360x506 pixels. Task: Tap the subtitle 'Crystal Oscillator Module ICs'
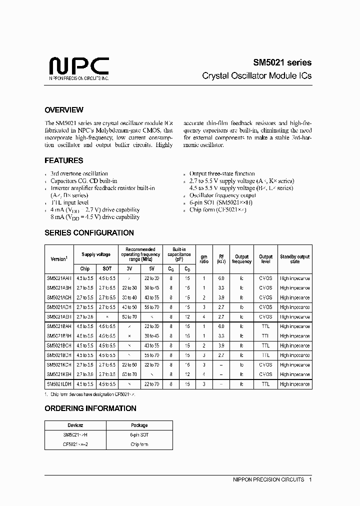[x=256, y=76]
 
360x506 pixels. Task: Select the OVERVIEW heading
[x=64, y=110]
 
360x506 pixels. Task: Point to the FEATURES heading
[x=64, y=161]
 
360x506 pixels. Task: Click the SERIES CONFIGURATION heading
[x=89, y=233]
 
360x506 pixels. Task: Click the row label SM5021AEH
[x=59, y=316]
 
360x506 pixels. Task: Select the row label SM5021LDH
[x=59, y=384]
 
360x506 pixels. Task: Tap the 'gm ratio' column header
[x=203, y=258]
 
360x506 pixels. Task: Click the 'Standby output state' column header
[x=294, y=258]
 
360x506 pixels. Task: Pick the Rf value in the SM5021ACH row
[x=221, y=297]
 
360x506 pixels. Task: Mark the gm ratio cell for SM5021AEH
[x=203, y=316]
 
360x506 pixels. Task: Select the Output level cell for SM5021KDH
[x=265, y=365]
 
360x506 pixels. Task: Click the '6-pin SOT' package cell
[x=139, y=435]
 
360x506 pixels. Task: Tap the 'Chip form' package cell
[x=139, y=444]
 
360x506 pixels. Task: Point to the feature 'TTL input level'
[x=70, y=202]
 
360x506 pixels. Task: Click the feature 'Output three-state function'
[x=222, y=173]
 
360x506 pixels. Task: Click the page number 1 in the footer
[x=310, y=479]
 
